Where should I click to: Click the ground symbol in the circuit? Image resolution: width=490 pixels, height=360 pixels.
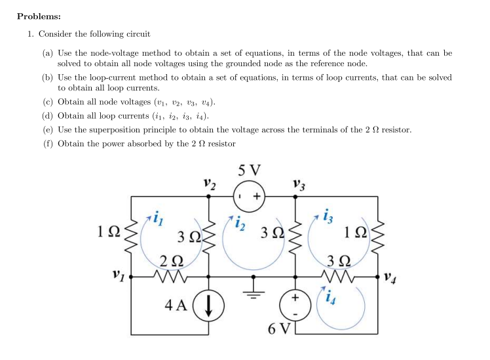[251, 287]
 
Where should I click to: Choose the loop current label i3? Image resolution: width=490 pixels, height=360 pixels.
[330, 216]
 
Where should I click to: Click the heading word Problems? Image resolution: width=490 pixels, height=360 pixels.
[40, 16]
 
